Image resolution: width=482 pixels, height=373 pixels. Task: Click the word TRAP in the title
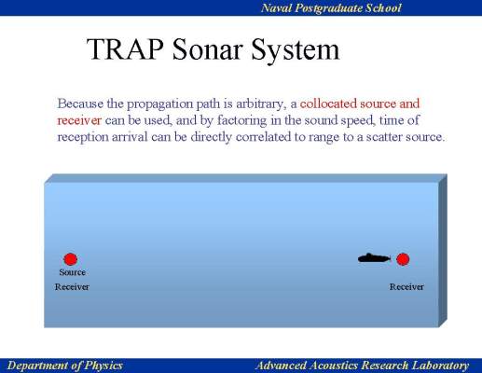(125, 49)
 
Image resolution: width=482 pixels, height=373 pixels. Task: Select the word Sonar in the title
(207, 49)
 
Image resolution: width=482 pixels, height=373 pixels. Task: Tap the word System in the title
(296, 50)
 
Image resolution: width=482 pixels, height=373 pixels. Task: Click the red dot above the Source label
(71, 259)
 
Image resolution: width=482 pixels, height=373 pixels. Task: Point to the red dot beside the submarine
(403, 259)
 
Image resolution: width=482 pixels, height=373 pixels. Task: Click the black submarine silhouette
(374, 258)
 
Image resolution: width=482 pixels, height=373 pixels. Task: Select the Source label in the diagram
(72, 272)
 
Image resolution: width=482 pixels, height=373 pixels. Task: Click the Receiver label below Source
(72, 286)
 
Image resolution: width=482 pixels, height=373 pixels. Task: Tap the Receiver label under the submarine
(406, 286)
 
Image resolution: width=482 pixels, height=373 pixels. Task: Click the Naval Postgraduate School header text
(331, 8)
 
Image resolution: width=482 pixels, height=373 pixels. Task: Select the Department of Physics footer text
(65, 366)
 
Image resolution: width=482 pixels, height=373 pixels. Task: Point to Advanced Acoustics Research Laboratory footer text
(362, 366)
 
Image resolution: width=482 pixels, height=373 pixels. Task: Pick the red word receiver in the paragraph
(79, 120)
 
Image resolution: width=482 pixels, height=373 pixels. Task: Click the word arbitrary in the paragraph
(261, 104)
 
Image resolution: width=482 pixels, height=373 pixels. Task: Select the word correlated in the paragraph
(263, 137)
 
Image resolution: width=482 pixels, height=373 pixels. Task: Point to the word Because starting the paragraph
(80, 104)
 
